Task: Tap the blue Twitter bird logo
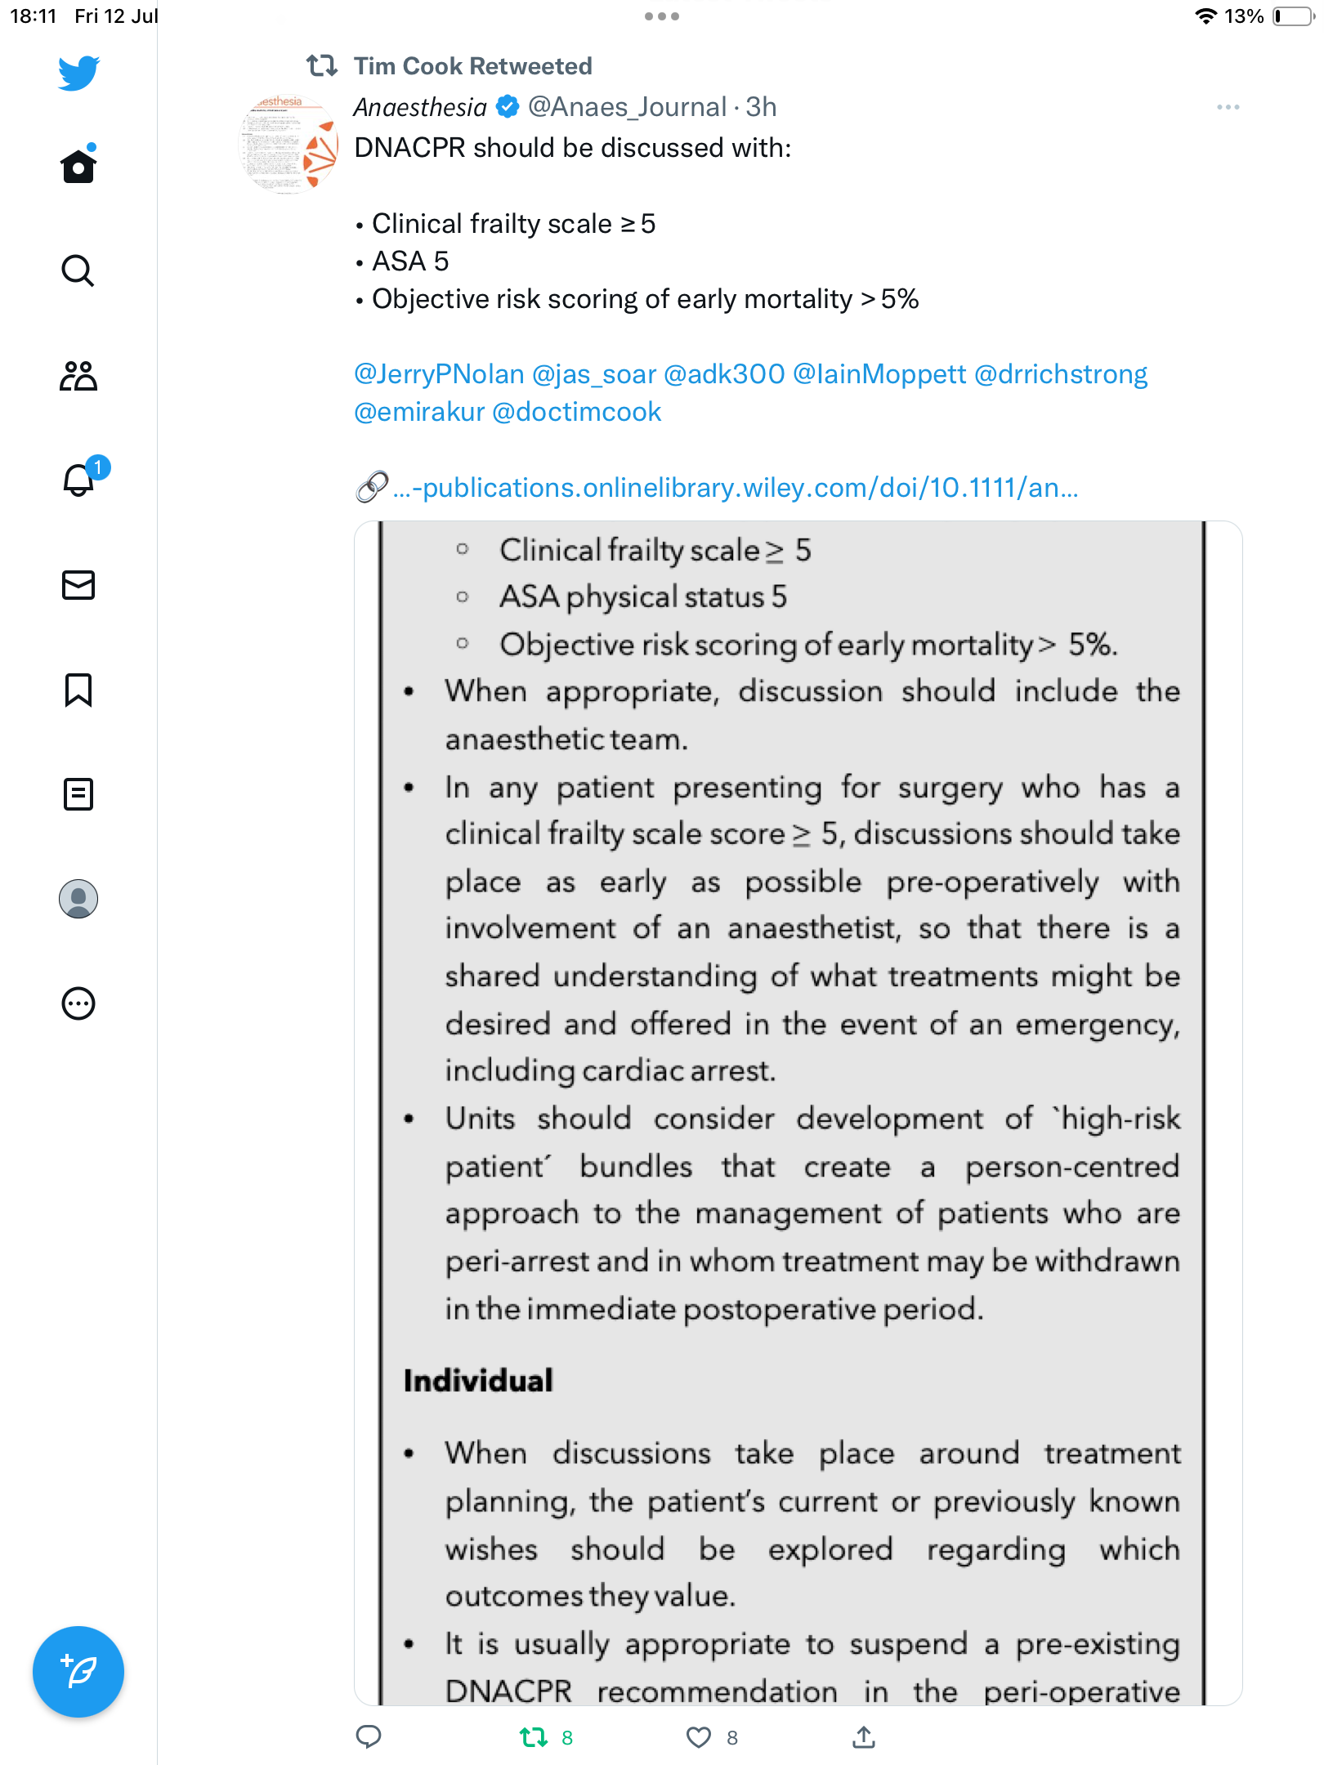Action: point(78,73)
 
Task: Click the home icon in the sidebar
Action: point(78,166)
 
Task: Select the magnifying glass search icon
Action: point(78,270)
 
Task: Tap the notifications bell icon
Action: point(78,480)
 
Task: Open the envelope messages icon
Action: point(78,585)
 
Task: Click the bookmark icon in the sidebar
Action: point(78,690)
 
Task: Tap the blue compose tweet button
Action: point(78,1672)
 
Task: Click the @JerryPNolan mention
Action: point(439,374)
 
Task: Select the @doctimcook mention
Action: point(576,412)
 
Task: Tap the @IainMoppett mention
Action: point(879,374)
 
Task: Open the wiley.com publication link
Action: point(736,488)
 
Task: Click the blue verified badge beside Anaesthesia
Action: point(508,107)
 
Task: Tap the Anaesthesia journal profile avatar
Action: point(288,145)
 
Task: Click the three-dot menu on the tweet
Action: point(1228,107)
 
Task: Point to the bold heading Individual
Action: point(478,1381)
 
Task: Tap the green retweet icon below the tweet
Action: point(534,1737)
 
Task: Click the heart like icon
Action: point(698,1737)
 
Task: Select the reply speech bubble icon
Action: point(369,1737)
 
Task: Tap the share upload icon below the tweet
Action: point(864,1737)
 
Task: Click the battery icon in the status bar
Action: point(1293,16)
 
